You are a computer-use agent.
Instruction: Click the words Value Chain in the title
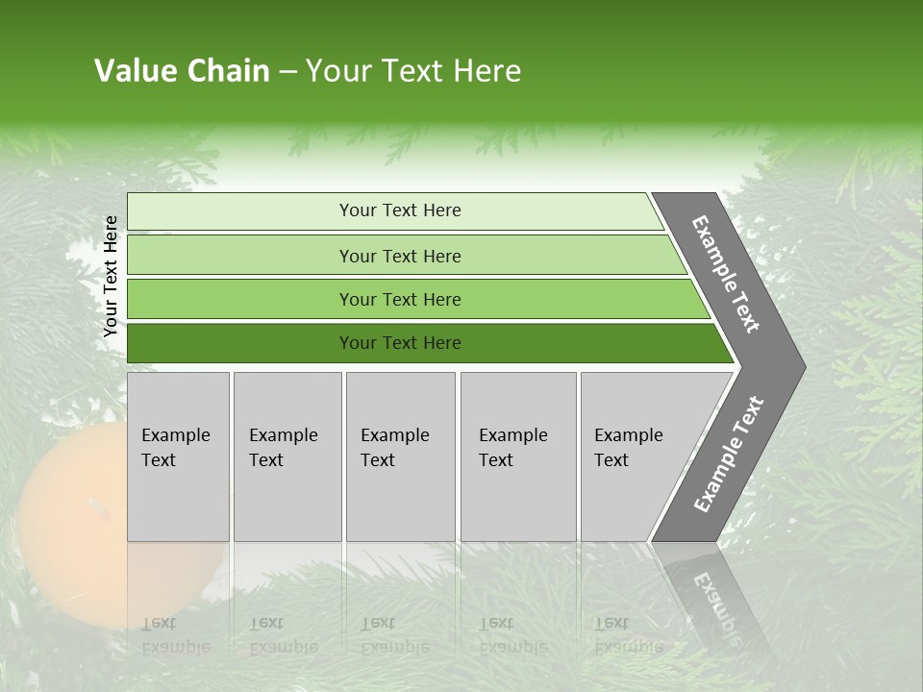[182, 71]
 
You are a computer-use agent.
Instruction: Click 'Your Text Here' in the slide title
[413, 71]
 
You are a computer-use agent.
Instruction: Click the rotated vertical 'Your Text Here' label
[111, 276]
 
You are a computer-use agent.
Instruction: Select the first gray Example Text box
[178, 457]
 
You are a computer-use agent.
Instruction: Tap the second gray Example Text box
[287, 457]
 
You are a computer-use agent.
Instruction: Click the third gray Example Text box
[400, 457]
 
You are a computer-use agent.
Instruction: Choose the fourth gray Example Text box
[517, 457]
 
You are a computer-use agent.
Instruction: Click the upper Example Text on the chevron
[726, 274]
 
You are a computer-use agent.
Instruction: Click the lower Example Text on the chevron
[728, 455]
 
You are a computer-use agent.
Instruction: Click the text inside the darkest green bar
[400, 343]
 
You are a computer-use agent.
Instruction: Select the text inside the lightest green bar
[400, 210]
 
